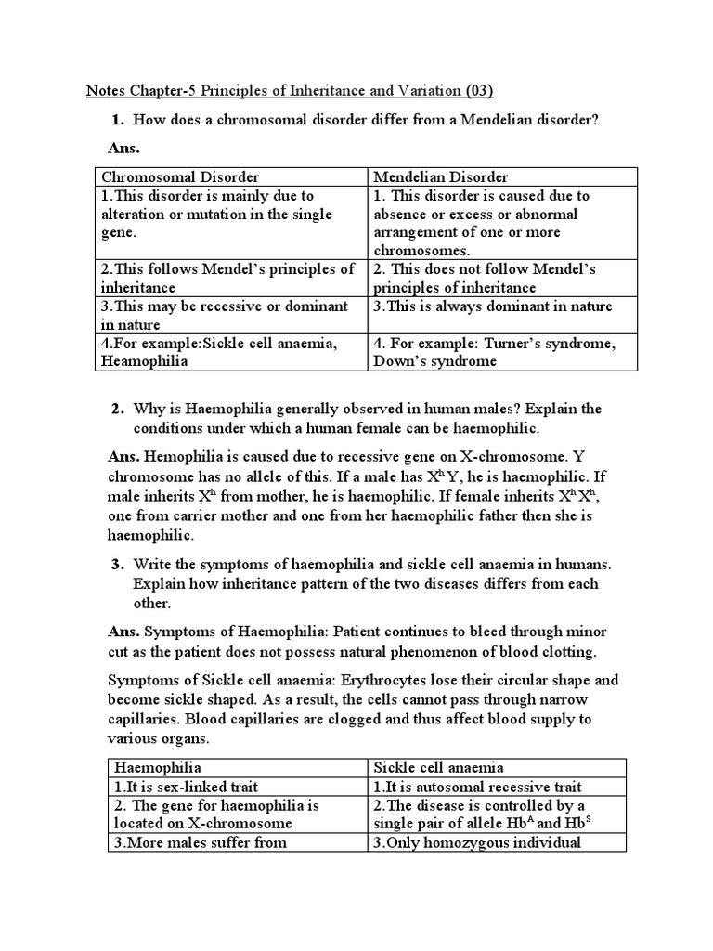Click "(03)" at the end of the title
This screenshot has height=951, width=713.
pyautogui.click(x=476, y=90)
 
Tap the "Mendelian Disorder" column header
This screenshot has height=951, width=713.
pyautogui.click(x=441, y=176)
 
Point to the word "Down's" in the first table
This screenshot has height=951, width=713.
pyautogui.click(x=399, y=361)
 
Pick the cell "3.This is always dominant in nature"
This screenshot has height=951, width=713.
pyautogui.click(x=493, y=306)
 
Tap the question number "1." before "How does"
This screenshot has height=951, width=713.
pyautogui.click(x=118, y=120)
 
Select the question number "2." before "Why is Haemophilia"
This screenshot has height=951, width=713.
pyautogui.click(x=118, y=410)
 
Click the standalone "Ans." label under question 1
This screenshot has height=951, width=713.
pyautogui.click(x=124, y=148)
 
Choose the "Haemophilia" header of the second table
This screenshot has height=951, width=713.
pyautogui.click(x=158, y=767)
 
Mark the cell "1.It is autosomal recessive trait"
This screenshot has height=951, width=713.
pyautogui.click(x=477, y=787)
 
